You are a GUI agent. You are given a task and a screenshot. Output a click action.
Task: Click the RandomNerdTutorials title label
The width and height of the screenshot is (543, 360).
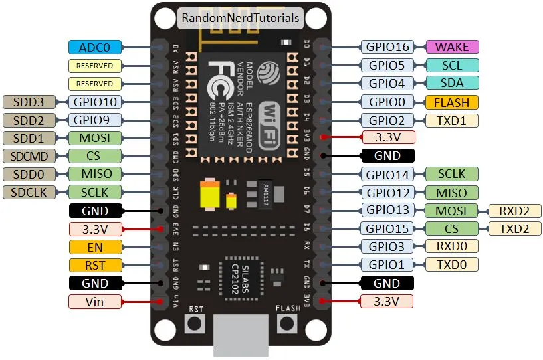241,18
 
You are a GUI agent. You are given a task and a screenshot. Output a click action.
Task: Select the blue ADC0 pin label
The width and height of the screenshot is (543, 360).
95,47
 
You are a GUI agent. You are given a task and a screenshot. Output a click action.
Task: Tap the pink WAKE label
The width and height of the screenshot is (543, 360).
452,47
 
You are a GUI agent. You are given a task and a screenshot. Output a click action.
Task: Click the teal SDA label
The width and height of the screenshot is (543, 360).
452,84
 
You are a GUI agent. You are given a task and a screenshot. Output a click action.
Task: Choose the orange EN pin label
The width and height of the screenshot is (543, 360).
95,247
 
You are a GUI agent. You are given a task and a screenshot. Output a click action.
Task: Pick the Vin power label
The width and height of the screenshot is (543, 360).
95,302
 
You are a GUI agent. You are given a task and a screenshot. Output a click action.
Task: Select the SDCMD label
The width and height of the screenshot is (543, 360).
30,156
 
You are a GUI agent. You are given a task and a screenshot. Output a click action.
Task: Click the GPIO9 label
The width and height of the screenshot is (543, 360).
95,120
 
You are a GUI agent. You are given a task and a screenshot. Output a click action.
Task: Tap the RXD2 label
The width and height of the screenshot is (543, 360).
515,211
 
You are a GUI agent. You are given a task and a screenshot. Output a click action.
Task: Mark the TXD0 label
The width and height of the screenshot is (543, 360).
452,265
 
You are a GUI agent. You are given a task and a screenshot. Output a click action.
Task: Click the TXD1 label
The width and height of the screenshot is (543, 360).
452,120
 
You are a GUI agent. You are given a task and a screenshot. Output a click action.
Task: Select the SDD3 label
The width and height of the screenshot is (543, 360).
30,102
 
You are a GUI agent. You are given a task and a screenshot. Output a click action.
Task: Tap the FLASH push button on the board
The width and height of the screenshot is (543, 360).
287,323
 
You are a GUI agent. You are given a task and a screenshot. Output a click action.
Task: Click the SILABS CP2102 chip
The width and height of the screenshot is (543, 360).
240,270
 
